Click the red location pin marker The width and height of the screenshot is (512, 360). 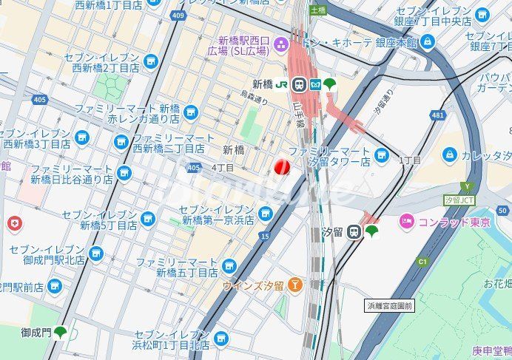282,168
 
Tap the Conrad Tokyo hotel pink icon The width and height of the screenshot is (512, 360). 406,220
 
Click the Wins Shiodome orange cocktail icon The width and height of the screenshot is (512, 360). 295,284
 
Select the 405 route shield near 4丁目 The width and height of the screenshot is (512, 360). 194,169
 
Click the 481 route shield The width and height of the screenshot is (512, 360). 439,115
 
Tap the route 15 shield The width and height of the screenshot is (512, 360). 265,236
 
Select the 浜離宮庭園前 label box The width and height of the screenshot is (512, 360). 390,305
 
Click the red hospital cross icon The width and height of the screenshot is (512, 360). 13,223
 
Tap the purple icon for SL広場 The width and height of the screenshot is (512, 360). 280,44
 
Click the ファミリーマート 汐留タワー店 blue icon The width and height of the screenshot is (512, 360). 381,155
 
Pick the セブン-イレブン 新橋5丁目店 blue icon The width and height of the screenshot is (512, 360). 148,219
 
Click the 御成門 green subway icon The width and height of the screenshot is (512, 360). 60,333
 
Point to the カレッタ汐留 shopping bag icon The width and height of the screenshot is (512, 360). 449,154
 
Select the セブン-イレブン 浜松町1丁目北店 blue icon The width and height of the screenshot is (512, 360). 220,339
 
